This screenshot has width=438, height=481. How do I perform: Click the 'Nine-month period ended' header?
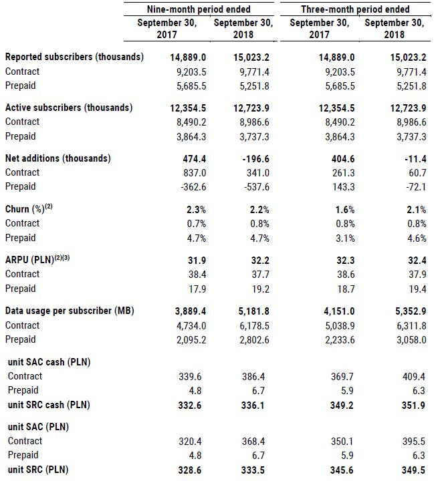[x=199, y=9]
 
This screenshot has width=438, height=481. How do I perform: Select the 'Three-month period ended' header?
[x=355, y=9]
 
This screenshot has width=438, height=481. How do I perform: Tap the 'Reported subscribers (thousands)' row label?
[x=74, y=57]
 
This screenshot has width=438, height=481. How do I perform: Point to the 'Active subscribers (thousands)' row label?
[x=69, y=108]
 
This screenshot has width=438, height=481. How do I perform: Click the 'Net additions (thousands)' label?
[x=58, y=158]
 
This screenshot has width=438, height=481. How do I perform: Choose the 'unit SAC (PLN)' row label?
[x=39, y=426]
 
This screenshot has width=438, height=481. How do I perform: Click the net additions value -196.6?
[x=233, y=158]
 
